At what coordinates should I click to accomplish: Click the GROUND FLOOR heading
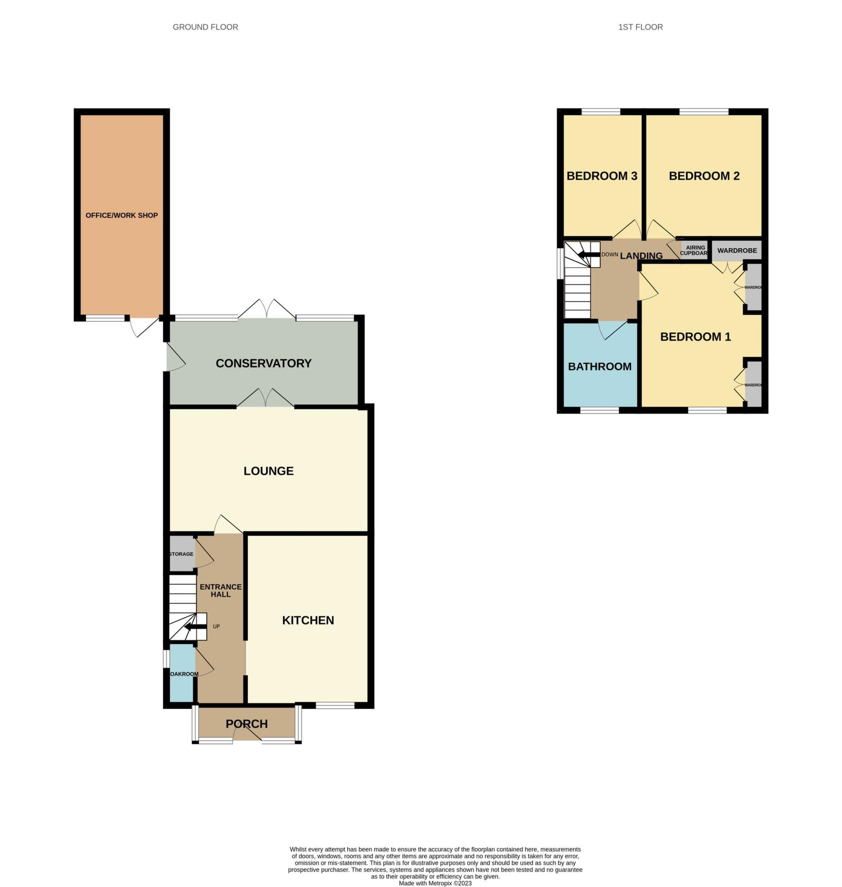click(205, 27)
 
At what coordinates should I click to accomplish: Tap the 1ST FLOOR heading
click(640, 27)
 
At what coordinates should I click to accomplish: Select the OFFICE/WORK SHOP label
click(121, 215)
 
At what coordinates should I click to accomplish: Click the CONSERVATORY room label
click(263, 363)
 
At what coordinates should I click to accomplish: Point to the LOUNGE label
click(268, 471)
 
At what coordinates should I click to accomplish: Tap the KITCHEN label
click(308, 620)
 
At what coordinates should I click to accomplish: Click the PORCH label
click(247, 724)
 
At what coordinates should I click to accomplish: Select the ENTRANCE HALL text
click(220, 590)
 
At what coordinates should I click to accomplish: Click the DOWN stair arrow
click(588, 255)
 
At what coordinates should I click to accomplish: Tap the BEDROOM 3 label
click(602, 176)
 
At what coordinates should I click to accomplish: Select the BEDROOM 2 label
click(704, 176)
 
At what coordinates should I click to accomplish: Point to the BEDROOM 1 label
click(695, 337)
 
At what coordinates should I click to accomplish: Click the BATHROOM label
click(599, 367)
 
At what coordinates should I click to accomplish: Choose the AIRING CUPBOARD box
click(695, 250)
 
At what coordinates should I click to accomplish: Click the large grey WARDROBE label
click(737, 250)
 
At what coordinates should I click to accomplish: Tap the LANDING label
click(641, 256)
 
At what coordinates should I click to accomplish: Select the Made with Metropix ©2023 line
click(435, 883)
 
